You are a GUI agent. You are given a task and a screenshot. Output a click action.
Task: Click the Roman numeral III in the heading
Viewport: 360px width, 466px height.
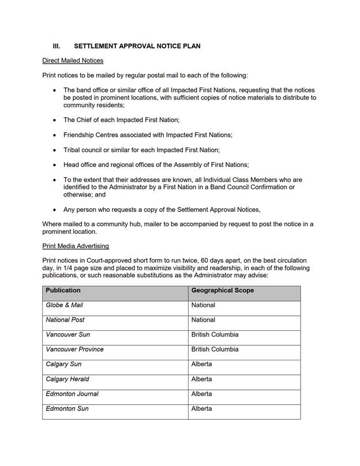point(57,46)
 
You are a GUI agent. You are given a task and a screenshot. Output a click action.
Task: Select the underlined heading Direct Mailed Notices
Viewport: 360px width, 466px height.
point(73,61)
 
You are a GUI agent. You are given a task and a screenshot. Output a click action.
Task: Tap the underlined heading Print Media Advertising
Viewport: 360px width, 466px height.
point(75,246)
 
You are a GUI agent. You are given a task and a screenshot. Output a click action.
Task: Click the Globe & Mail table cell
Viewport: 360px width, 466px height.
point(65,305)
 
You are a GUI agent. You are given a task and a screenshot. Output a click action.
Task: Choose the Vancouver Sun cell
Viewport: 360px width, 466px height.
point(68,335)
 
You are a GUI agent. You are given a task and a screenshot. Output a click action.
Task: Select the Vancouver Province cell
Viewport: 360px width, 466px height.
point(74,349)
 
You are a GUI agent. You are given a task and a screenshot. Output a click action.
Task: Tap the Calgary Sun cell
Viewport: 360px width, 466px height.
point(63,364)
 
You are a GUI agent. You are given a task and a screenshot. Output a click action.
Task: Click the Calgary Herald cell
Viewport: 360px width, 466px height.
point(67,379)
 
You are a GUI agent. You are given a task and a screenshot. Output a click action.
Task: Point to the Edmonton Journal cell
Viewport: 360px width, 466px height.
point(72,394)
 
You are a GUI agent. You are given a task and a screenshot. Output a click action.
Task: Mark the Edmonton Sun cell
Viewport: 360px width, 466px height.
point(67,409)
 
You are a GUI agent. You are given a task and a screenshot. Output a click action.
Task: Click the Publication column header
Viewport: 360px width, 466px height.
point(63,290)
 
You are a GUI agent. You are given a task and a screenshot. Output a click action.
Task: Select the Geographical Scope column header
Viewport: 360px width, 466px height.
point(222,290)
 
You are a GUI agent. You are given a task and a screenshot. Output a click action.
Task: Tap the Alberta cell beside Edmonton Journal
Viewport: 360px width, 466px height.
point(201,394)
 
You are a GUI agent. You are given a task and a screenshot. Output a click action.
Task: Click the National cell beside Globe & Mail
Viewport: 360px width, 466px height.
point(203,305)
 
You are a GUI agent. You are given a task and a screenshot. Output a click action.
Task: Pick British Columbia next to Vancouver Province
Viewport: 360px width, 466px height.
point(215,349)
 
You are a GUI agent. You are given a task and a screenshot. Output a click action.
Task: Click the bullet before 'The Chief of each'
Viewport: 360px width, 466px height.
point(55,120)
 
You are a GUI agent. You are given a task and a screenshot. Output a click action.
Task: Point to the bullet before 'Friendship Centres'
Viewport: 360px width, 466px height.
point(55,135)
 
